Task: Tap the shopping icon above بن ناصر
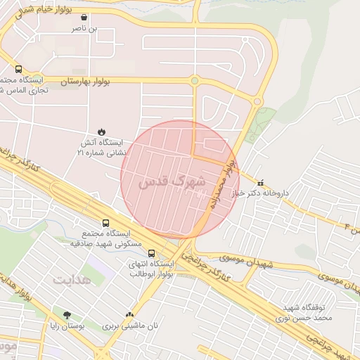click(x=84, y=18)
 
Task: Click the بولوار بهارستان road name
click(x=67, y=82)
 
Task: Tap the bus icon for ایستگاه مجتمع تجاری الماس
click(x=18, y=69)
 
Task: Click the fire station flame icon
click(x=102, y=131)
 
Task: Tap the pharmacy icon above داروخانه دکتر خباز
click(x=261, y=182)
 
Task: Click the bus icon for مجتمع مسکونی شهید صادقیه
click(x=105, y=224)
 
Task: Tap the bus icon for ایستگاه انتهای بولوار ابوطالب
click(x=151, y=253)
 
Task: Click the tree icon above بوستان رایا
click(x=67, y=316)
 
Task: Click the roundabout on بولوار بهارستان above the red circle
click(x=194, y=82)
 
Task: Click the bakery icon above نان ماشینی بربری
click(x=129, y=315)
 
